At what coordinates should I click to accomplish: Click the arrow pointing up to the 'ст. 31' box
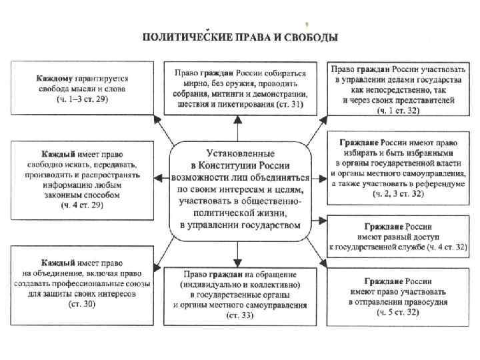(239, 127)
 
